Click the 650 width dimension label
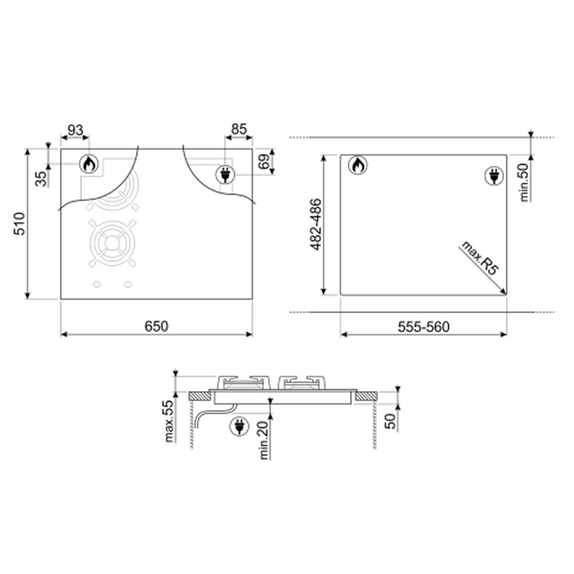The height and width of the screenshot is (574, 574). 157,326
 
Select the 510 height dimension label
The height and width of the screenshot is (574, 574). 19,223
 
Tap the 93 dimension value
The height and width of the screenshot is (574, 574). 75,130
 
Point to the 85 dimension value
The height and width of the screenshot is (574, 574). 239,130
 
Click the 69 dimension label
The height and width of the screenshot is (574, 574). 264,162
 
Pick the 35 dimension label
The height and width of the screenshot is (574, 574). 42,179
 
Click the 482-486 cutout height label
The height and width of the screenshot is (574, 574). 316,225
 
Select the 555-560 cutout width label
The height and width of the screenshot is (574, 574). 424,326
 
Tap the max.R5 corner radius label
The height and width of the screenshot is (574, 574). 480,258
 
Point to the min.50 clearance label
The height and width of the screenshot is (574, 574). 524,182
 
